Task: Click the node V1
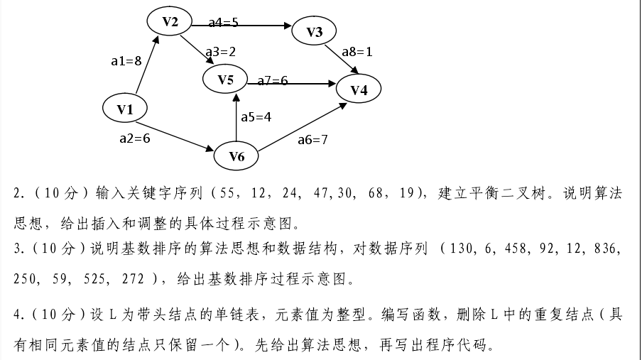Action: (125, 109)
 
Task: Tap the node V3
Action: (315, 32)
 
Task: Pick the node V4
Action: (359, 89)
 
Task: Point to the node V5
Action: (225, 80)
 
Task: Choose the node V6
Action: (236, 156)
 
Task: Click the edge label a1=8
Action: (126, 61)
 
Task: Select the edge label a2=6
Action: (135, 138)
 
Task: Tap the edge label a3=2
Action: (220, 51)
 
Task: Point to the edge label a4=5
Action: (223, 23)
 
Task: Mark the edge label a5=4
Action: (256, 116)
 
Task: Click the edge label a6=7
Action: (312, 140)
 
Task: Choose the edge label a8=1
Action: (357, 51)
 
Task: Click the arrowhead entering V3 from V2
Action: (289, 26)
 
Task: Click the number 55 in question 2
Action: (227, 193)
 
